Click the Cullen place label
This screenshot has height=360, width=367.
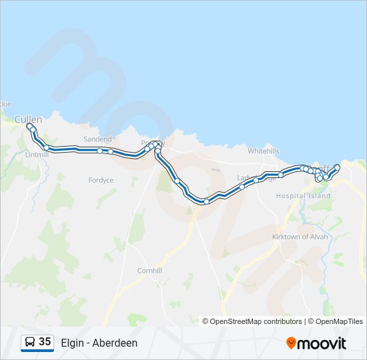[x=29, y=119]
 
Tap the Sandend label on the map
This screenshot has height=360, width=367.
[x=97, y=139]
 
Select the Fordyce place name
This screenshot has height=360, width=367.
[x=101, y=180]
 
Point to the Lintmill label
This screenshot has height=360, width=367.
[x=37, y=155]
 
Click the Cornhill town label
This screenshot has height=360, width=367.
[x=149, y=271]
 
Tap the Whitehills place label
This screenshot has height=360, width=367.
[x=264, y=151]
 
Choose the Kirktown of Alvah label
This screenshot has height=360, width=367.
[x=300, y=237]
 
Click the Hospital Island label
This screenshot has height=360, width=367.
[x=303, y=196]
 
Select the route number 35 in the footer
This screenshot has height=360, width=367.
[x=45, y=342]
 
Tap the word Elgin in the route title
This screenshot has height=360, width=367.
[x=72, y=343]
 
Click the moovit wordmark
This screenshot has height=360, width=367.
[x=322, y=343]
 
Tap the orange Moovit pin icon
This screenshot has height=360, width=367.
[x=291, y=343]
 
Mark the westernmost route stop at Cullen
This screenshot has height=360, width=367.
[x=29, y=125]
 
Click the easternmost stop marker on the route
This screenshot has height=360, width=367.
[x=338, y=167]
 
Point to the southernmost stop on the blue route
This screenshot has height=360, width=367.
[x=207, y=201]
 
